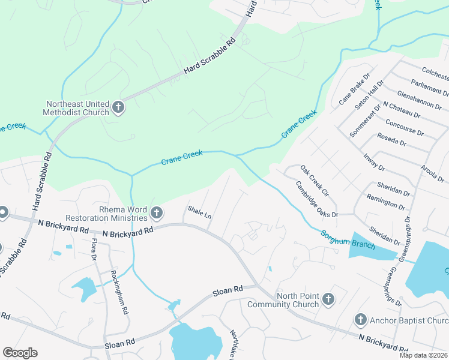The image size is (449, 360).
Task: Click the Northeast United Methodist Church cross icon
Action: click(x=118, y=108)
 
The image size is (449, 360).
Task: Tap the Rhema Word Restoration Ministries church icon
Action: click(x=157, y=212)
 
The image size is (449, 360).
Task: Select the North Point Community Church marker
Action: click(x=328, y=299)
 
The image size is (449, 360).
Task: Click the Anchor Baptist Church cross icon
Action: click(x=360, y=320)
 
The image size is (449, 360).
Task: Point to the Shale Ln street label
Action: click(x=199, y=212)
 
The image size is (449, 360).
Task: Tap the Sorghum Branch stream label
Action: click(x=348, y=240)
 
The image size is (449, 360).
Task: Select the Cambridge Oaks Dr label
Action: click(x=316, y=200)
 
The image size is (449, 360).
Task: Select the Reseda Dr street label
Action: click(x=392, y=140)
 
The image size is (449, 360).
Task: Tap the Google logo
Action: click(x=20, y=353)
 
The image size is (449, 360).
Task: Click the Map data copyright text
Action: click(x=423, y=355)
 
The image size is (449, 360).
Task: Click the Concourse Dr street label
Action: click(x=405, y=127)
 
